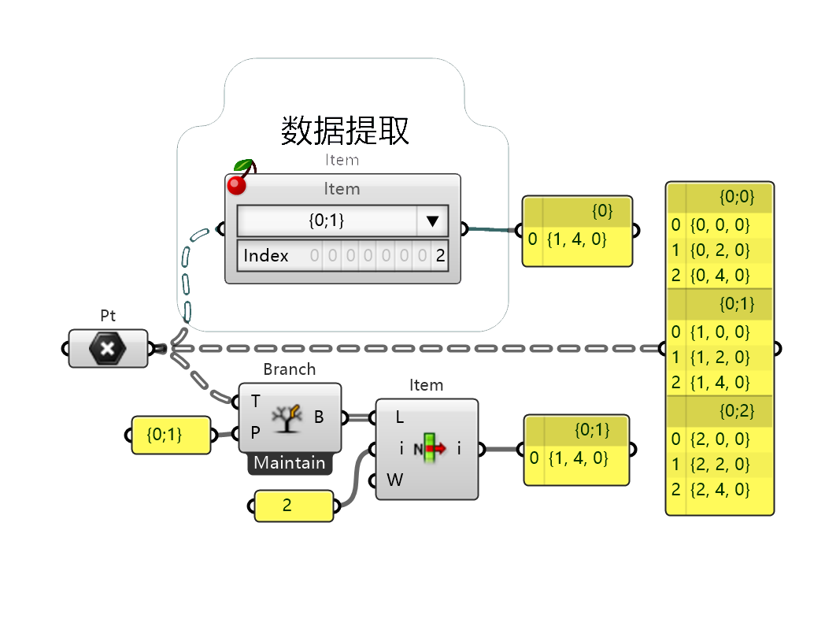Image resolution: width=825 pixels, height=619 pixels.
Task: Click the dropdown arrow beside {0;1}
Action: coord(432,221)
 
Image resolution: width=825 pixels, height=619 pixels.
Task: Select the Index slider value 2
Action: coord(440,256)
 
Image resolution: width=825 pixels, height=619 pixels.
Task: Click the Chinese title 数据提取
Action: coord(345,131)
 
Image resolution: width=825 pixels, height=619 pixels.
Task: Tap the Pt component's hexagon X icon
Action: coord(107,348)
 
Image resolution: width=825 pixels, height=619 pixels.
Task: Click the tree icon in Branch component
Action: coord(287,418)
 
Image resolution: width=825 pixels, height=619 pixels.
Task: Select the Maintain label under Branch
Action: coord(290,462)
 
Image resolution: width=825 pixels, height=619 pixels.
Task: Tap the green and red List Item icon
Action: coord(430,448)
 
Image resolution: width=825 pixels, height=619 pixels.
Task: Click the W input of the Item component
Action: coord(394,480)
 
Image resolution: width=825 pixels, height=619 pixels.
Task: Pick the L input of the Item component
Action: coord(399,417)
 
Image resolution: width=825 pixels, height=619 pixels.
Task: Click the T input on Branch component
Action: coord(255,401)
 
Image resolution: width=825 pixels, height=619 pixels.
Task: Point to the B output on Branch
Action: coord(318,417)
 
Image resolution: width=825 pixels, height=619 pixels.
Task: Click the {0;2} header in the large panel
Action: coord(737,410)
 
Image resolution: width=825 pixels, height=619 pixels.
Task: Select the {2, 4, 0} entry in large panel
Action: coord(720,490)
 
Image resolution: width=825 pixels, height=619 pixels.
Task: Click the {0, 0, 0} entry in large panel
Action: coord(720,224)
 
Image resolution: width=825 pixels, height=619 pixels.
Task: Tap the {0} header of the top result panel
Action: coord(602,211)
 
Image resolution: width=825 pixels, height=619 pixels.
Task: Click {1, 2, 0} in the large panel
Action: coord(720,358)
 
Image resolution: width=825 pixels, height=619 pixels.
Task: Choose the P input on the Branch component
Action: coord(255,432)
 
